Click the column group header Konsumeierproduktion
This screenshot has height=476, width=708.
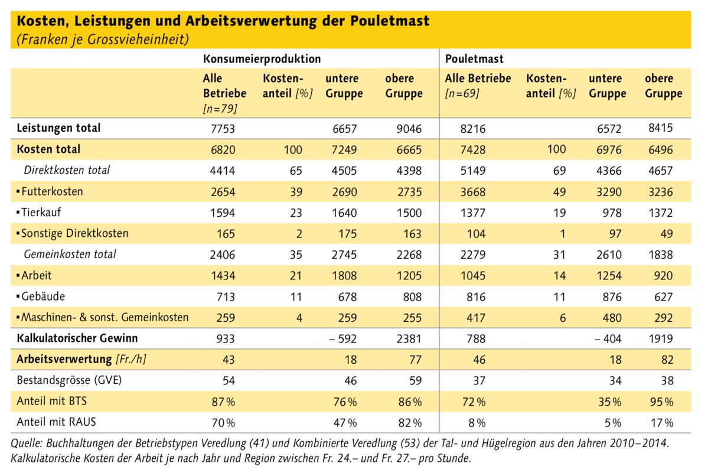click(x=262, y=59)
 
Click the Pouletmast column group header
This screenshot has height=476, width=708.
click(x=474, y=59)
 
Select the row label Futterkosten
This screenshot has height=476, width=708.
click(x=52, y=191)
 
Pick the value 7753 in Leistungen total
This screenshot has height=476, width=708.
click(x=223, y=128)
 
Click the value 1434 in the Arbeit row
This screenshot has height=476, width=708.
click(x=223, y=275)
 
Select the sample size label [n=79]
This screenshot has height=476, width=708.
click(x=220, y=109)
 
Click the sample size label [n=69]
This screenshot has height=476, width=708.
click(x=462, y=94)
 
